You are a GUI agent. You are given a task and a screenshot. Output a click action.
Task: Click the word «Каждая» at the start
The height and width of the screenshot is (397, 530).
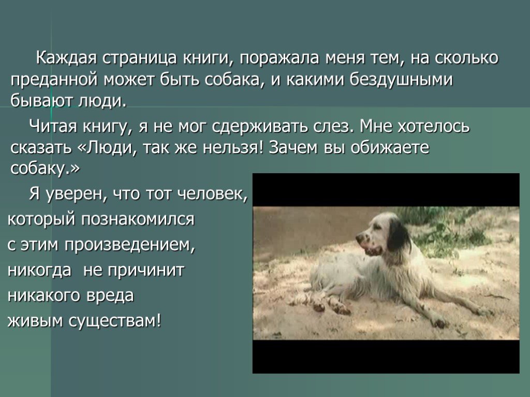pyautogui.click(x=66, y=58)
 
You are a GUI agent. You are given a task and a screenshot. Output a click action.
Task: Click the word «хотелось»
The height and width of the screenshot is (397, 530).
pyautogui.click(x=434, y=126)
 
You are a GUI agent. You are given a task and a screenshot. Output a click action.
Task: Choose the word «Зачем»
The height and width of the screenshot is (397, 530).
pyautogui.click(x=293, y=147)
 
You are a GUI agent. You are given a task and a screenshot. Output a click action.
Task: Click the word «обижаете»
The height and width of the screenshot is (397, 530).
pyautogui.click(x=390, y=147)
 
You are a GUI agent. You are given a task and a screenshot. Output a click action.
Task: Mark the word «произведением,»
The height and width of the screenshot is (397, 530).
pyautogui.click(x=130, y=245)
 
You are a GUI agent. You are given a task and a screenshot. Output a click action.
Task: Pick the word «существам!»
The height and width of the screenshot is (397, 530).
pyautogui.click(x=115, y=320)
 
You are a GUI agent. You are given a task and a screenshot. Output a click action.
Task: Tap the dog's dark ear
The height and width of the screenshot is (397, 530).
pyautogui.click(x=399, y=236)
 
